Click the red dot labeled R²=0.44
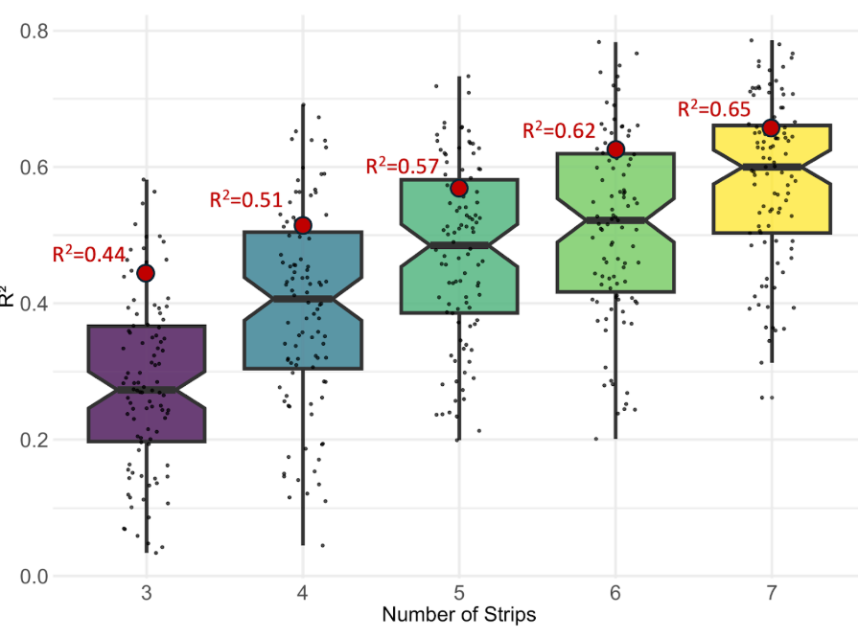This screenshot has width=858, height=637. pyautogui.click(x=146, y=273)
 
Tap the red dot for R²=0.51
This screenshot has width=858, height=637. pyautogui.click(x=303, y=225)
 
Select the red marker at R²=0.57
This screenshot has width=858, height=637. pyautogui.click(x=459, y=188)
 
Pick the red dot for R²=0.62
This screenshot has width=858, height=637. pyautogui.click(x=615, y=149)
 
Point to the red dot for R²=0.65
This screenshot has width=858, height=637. pyautogui.click(x=771, y=128)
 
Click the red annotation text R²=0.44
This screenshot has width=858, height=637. pyautogui.click(x=88, y=254)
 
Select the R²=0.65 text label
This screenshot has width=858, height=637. pyautogui.click(x=713, y=108)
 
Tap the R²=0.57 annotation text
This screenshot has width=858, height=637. pyautogui.click(x=403, y=166)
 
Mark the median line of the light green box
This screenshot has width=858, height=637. pyautogui.click(x=615, y=220)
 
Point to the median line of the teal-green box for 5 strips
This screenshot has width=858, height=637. pyautogui.click(x=459, y=245)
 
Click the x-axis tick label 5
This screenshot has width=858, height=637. pyautogui.click(x=459, y=591)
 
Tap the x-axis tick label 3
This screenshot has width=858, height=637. pyautogui.click(x=146, y=591)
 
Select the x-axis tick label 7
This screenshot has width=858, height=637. pyautogui.click(x=771, y=591)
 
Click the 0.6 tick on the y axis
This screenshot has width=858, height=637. pyautogui.click(x=35, y=168)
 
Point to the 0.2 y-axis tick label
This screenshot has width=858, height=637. pyautogui.click(x=35, y=441)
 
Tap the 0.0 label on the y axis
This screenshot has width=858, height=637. pyautogui.click(x=35, y=577)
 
